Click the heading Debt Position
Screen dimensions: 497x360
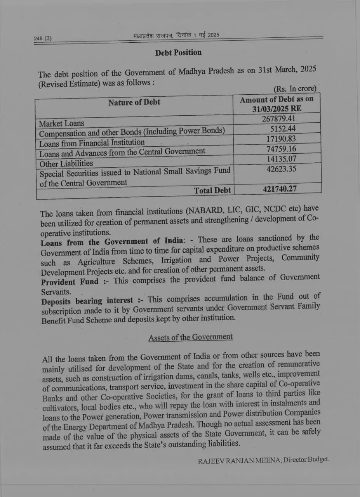point(178,53)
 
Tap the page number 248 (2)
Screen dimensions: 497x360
point(43,38)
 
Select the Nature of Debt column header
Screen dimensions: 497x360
point(134,103)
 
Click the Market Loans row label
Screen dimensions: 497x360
point(61,123)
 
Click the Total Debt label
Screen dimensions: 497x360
point(212,190)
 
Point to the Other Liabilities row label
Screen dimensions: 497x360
point(66,163)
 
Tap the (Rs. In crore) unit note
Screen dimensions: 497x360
point(295,89)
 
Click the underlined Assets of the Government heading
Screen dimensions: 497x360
point(190,337)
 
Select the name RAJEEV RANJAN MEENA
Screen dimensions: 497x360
point(239,461)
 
